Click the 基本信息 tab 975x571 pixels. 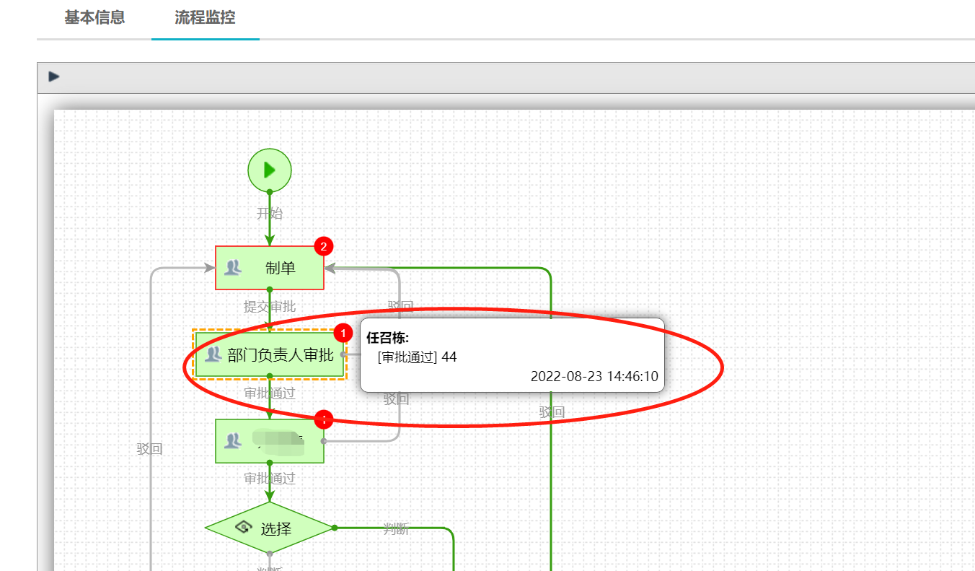(x=94, y=18)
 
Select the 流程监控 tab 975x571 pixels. (x=205, y=18)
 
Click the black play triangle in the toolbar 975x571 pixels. (x=54, y=77)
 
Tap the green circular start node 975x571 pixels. (x=269, y=170)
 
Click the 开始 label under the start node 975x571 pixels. (x=270, y=214)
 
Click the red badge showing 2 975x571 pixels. (x=323, y=247)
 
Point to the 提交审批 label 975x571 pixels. (x=270, y=307)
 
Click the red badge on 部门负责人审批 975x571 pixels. (x=343, y=333)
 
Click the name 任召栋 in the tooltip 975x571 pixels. (x=387, y=337)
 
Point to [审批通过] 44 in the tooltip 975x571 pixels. (x=417, y=357)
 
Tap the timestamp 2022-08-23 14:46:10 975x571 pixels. (x=594, y=377)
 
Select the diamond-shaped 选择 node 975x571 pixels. (x=269, y=528)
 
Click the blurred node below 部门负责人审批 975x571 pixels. (x=270, y=441)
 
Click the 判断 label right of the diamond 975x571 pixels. (x=396, y=530)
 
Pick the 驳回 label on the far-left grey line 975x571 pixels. (x=150, y=449)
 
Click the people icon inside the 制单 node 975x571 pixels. (x=232, y=268)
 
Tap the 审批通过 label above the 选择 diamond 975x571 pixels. (x=270, y=479)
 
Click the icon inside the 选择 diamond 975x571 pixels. (x=243, y=528)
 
